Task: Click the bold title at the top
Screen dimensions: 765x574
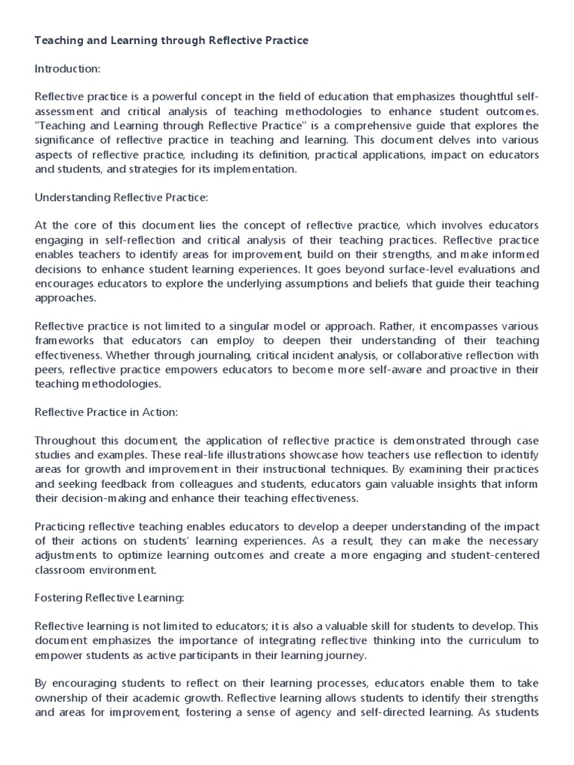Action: click(171, 40)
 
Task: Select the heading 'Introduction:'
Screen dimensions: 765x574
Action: click(67, 69)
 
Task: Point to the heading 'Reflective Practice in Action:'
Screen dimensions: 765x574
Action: click(106, 412)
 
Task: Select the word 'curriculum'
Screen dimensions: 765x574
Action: click(490, 641)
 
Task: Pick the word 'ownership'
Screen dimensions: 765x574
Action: click(62, 698)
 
